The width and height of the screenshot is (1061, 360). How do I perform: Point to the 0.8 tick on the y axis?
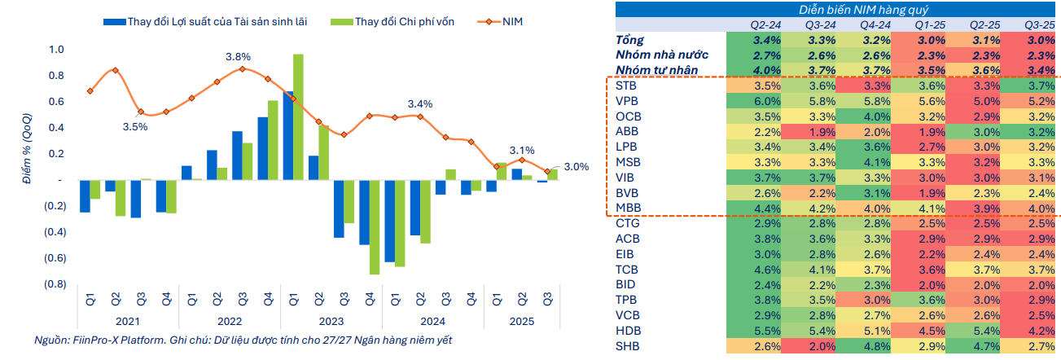click(56, 76)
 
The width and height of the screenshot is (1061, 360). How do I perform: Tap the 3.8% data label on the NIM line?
click(239, 57)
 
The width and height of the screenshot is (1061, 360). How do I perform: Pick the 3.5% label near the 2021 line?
click(135, 127)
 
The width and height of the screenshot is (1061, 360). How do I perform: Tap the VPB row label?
click(627, 101)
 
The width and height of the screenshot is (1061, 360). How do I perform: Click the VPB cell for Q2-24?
click(767, 101)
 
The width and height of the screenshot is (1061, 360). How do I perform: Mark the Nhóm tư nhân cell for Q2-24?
click(767, 70)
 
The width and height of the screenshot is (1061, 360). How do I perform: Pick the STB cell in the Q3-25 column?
click(1032, 86)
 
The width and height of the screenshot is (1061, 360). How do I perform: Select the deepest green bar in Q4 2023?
click(374, 226)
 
